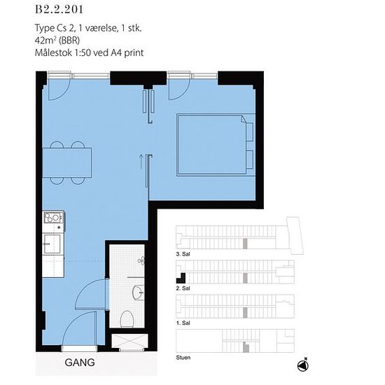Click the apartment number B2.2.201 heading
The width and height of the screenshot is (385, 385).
(59, 10)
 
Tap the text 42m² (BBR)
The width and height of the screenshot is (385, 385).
(57, 41)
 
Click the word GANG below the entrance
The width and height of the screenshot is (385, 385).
(80, 363)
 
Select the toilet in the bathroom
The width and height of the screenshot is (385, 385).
(127, 319)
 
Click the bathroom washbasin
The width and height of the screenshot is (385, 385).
(138, 292)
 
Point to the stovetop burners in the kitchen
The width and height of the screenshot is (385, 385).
(52, 218)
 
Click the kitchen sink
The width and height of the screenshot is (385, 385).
(52, 244)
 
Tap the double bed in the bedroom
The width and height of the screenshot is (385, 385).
(215, 145)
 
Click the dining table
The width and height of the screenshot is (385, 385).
(67, 162)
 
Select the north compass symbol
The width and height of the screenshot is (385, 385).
(303, 365)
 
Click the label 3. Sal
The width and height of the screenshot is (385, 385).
(183, 254)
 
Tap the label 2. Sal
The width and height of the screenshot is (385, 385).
(183, 288)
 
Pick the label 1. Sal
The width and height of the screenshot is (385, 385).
(183, 323)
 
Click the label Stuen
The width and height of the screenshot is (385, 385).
(183, 358)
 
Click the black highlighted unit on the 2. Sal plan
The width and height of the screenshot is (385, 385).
(181, 279)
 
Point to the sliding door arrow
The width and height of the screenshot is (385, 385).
(141, 162)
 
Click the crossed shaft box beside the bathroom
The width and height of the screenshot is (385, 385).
(129, 341)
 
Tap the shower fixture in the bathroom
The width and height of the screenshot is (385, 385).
(141, 260)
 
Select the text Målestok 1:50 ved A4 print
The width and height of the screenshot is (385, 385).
(89, 52)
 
